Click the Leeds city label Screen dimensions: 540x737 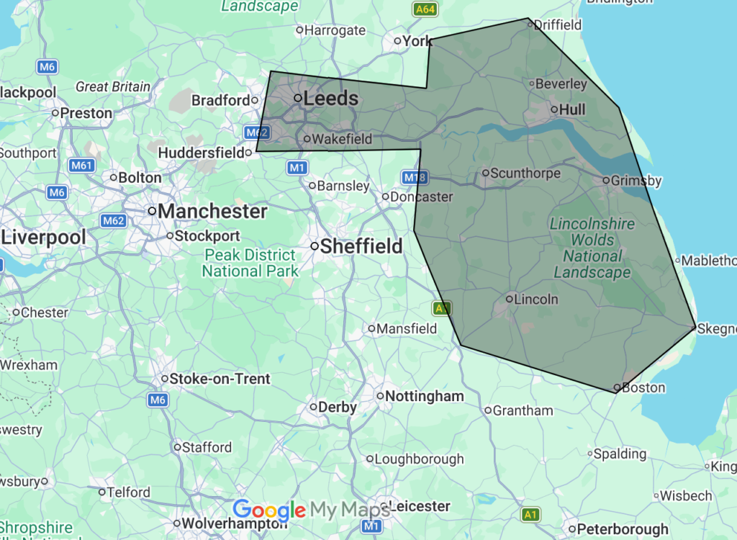[x=331, y=99]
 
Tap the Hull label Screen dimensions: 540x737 [x=572, y=109]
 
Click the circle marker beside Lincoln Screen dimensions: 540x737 [x=510, y=298]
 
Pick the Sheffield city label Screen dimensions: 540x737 [x=361, y=246]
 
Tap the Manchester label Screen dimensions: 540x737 [x=212, y=212]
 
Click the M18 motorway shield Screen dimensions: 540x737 [x=411, y=177]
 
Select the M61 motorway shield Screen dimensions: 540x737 [x=82, y=166]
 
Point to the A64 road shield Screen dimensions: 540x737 [x=425, y=9]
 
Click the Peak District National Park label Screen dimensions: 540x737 [x=250, y=263]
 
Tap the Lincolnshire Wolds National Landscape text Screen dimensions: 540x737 [x=592, y=248]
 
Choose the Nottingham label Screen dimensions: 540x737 [x=425, y=397]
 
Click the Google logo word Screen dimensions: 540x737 [x=269, y=510]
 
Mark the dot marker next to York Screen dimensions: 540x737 [x=397, y=41]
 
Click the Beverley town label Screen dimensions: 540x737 [x=561, y=84]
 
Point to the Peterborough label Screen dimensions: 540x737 [x=623, y=530]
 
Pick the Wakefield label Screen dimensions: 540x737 [x=343, y=139]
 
